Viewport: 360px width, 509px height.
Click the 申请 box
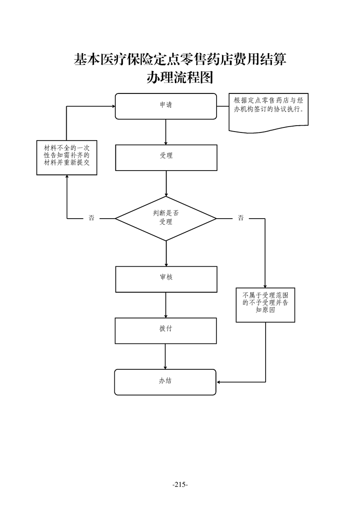tap(165, 106)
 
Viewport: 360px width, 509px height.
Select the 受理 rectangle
tap(166, 157)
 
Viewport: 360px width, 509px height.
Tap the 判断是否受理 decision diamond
tap(166, 218)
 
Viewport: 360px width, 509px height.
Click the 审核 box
tap(166, 279)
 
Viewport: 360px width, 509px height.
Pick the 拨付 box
tap(165, 330)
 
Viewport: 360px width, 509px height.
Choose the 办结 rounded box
tap(165, 382)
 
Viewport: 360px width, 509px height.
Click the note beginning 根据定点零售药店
tap(268, 111)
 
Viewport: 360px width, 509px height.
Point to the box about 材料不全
tap(67, 157)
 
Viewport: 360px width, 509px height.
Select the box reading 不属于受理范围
tap(265, 304)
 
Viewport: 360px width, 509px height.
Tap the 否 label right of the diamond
tap(241, 218)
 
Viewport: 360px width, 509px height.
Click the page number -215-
tap(180, 485)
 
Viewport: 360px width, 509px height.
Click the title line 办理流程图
tap(180, 78)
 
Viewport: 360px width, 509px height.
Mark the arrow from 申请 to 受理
tap(166, 132)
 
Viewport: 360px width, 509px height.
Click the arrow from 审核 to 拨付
tap(166, 305)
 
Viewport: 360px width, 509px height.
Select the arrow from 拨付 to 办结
tap(165, 356)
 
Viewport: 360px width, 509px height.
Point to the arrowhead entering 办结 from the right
tap(219, 382)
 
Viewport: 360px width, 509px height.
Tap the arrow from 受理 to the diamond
tap(166, 183)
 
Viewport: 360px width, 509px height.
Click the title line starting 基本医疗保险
tap(180, 59)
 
